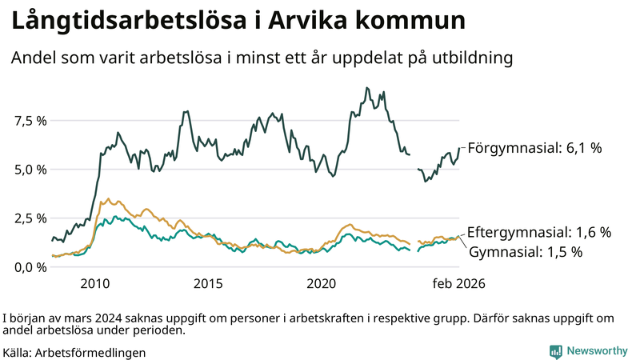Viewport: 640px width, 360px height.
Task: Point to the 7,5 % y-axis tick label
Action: [x=30, y=121]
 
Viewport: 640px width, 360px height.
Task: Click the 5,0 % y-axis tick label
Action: [x=30, y=170]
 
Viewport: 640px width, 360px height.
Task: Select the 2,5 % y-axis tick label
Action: [x=30, y=218]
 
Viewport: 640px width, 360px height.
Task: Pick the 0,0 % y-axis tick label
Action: [x=30, y=267]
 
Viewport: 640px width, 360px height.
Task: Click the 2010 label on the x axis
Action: [x=94, y=284]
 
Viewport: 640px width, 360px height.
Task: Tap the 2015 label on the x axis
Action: [x=208, y=284]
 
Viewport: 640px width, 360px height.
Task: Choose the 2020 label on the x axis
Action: [x=322, y=284]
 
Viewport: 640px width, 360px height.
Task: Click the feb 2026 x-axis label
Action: [x=458, y=284]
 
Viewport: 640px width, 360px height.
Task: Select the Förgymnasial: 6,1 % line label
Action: [x=534, y=148]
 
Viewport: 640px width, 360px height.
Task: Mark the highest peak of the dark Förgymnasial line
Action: [x=366, y=88]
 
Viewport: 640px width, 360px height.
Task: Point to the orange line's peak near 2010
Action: [x=109, y=199]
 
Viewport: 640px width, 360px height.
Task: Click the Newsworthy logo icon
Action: [x=555, y=351]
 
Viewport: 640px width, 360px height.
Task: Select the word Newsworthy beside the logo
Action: [x=597, y=351]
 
